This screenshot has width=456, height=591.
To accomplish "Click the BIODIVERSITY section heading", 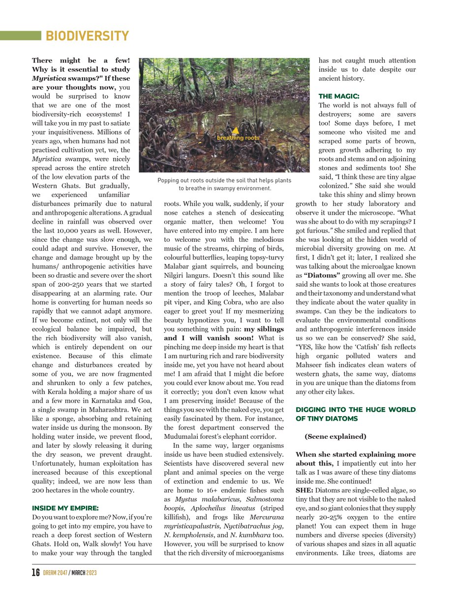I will pyautogui.click(x=87, y=36).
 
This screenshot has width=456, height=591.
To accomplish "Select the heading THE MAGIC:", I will pyautogui.click(x=338, y=96).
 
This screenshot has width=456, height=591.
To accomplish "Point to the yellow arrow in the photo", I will pyautogui.click(x=236, y=130).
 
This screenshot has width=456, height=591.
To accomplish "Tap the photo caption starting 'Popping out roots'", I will pyautogui.click(x=224, y=185).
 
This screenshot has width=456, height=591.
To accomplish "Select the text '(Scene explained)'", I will pyautogui.click(x=335, y=436).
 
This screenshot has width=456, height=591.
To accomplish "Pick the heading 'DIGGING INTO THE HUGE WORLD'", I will pyautogui.click(x=355, y=410).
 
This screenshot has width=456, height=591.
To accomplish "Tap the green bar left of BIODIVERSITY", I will pyautogui.click(x=20, y=36).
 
